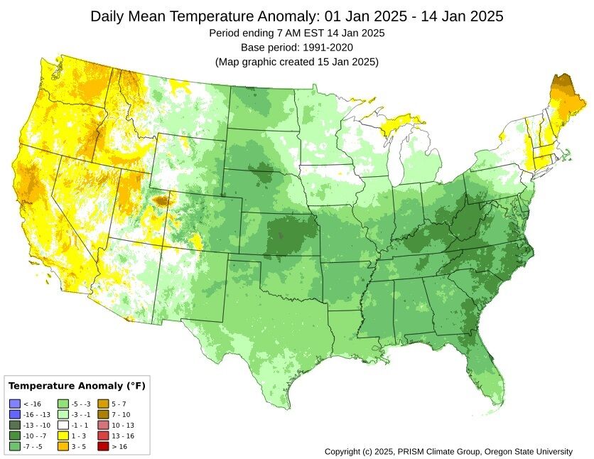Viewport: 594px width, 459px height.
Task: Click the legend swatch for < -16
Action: coord(15,404)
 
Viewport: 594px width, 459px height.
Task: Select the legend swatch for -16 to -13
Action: coord(15,414)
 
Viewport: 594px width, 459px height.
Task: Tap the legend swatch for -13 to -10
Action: coord(15,425)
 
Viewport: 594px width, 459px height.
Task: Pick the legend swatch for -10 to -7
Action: coord(15,436)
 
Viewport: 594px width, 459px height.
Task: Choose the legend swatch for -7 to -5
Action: coord(15,446)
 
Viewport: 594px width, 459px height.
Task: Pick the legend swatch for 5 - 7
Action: coord(103,404)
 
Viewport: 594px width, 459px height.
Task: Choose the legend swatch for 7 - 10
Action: coord(103,414)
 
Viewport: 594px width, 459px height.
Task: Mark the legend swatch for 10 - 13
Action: coord(103,425)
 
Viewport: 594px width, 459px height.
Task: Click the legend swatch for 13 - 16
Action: coord(103,436)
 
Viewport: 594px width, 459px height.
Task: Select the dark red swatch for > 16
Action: coord(103,446)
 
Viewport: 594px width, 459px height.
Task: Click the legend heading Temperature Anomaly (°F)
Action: coord(76,386)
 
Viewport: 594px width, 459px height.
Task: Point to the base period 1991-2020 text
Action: coord(296,47)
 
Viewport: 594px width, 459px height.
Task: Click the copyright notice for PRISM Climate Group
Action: coord(448,452)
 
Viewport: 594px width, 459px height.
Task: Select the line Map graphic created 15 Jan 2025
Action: coord(296,61)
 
